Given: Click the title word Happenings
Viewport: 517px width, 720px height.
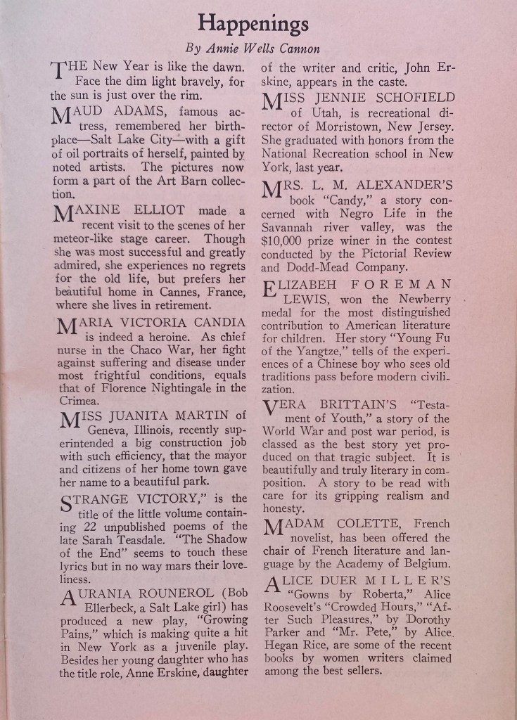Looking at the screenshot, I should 253,24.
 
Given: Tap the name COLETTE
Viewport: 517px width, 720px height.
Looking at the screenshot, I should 371,524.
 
